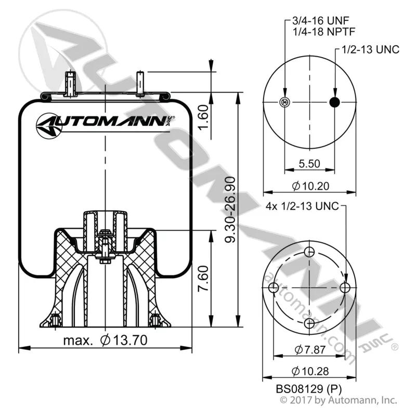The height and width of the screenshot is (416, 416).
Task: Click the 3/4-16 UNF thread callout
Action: tap(320, 20)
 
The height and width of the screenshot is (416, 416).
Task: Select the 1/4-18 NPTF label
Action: tap(323, 32)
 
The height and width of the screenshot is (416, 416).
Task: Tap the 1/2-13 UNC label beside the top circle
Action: tap(370, 49)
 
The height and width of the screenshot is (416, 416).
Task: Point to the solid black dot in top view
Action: tap(334, 102)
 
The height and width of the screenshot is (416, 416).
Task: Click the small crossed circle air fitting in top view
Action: tap(284, 102)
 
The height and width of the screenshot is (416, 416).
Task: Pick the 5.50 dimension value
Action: tap(309, 163)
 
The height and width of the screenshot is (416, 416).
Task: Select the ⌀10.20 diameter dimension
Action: tap(310, 186)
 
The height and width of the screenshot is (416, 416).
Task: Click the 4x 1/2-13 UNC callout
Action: tap(302, 206)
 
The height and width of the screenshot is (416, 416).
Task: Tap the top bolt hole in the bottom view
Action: tap(309, 252)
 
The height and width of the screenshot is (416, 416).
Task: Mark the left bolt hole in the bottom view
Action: tap(274, 288)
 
